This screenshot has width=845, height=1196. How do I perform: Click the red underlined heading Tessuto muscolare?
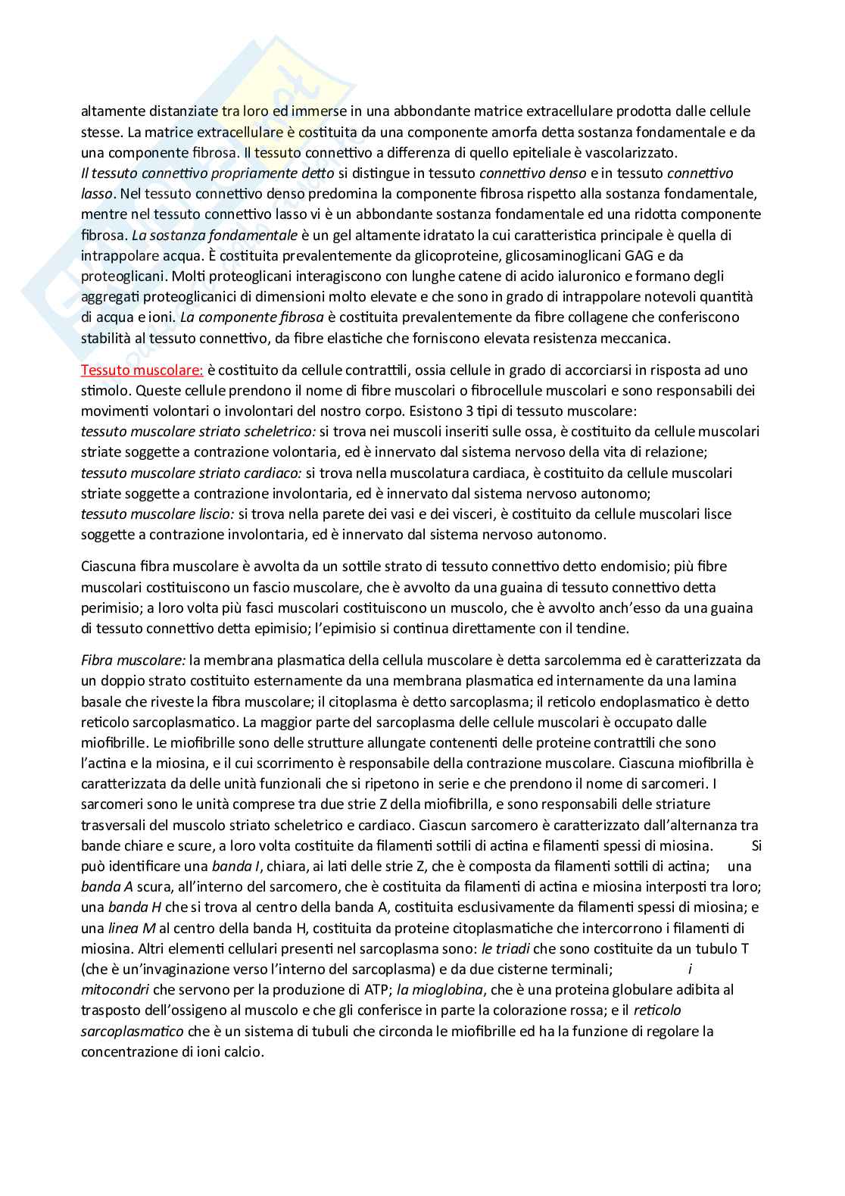coord(142,370)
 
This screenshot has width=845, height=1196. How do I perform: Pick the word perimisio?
coord(111,607)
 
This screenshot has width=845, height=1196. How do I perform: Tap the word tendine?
coord(604,628)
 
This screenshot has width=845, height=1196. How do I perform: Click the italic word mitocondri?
coord(114,990)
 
